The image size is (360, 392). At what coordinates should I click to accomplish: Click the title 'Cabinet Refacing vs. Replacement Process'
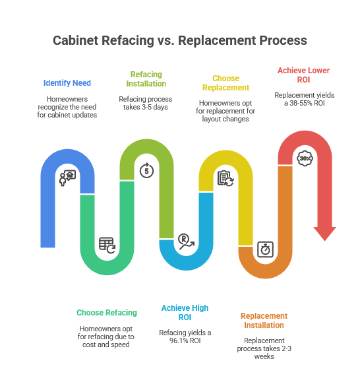pyautogui.click(x=179, y=40)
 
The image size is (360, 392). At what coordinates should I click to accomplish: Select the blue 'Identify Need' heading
pyautogui.click(x=67, y=83)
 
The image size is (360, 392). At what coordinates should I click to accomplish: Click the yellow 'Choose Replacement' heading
pyautogui.click(x=225, y=83)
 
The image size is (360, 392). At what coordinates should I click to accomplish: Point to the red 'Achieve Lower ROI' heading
pyautogui.click(x=303, y=75)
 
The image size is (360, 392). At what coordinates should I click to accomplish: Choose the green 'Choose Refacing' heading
pyautogui.click(x=107, y=312)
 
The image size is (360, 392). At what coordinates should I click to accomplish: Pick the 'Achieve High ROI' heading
pyautogui.click(x=185, y=312)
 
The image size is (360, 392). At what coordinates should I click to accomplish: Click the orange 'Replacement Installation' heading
pyautogui.click(x=264, y=320)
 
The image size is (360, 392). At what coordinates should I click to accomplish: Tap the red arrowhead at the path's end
pyautogui.click(x=324, y=233)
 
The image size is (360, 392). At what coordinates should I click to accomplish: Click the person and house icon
pyautogui.click(x=68, y=178)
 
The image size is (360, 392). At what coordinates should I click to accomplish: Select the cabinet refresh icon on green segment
pyautogui.click(x=107, y=245)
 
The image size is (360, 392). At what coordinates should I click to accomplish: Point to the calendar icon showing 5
pyautogui.click(x=146, y=171)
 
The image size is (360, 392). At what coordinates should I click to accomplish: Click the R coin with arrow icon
pyautogui.click(x=186, y=242)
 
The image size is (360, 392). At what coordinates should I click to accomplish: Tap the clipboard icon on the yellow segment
pyautogui.click(x=225, y=178)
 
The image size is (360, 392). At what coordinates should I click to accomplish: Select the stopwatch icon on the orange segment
pyautogui.click(x=265, y=249)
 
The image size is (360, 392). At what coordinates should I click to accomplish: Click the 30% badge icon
pyautogui.click(x=305, y=158)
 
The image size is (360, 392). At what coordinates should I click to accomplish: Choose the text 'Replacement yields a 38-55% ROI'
pyautogui.click(x=304, y=99)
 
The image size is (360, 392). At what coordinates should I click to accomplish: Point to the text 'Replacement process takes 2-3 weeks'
pyautogui.click(x=264, y=348)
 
